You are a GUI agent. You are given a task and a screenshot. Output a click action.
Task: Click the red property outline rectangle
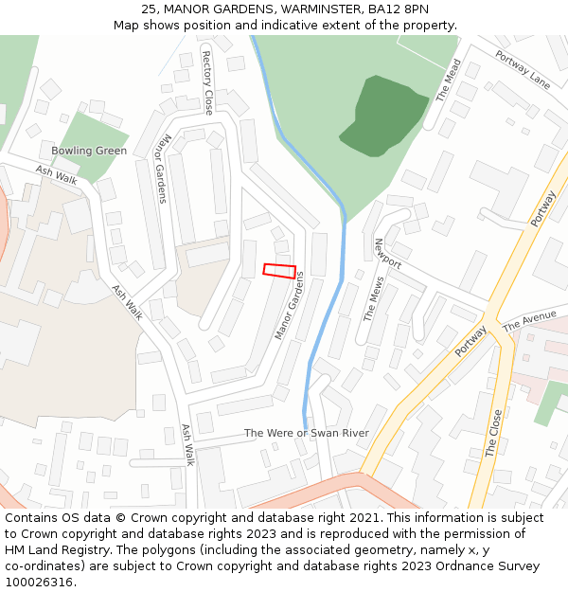tap(279, 271)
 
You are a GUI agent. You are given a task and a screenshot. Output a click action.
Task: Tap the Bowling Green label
tap(89, 151)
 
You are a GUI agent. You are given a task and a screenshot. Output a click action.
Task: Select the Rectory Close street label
tap(208, 83)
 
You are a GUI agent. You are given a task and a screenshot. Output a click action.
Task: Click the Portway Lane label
tap(522, 69)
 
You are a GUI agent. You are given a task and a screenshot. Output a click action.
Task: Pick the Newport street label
tap(388, 253)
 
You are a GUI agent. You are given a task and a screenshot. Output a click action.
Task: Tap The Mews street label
tap(375, 299)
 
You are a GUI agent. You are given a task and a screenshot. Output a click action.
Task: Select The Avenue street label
tap(530, 321)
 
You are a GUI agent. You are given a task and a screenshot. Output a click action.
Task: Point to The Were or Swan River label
tap(307, 433)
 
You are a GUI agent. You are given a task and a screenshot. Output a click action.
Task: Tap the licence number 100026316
tap(40, 582)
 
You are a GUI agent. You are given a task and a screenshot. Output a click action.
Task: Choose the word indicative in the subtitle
tap(296, 26)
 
